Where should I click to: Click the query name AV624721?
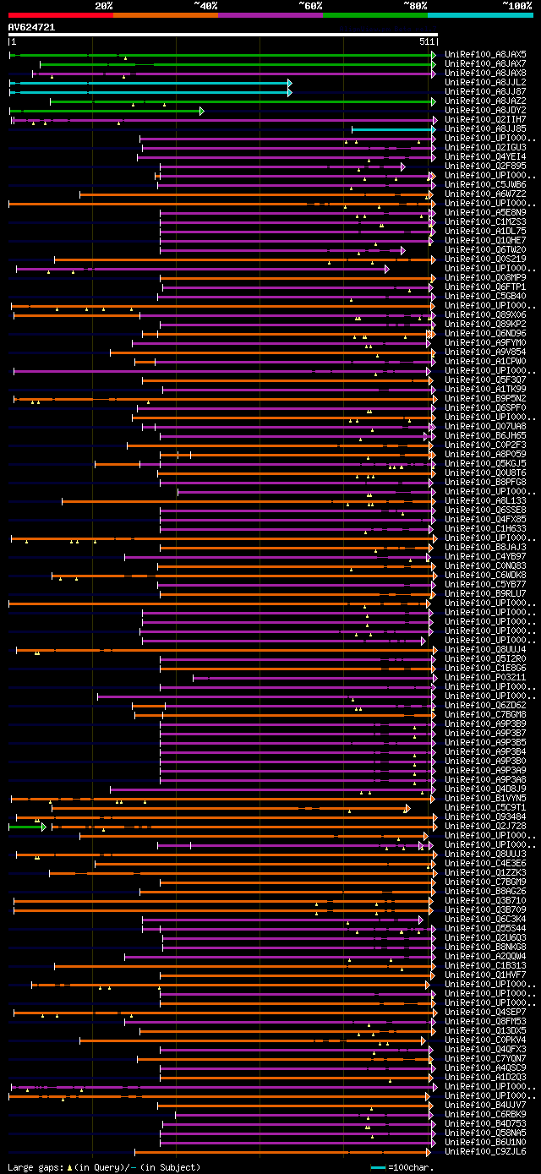[x=31, y=27]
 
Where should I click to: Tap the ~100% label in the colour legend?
[x=516, y=6]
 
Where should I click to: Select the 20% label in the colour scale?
[x=104, y=6]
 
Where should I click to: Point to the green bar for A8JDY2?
[x=106, y=111]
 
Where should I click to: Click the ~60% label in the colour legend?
[x=310, y=6]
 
